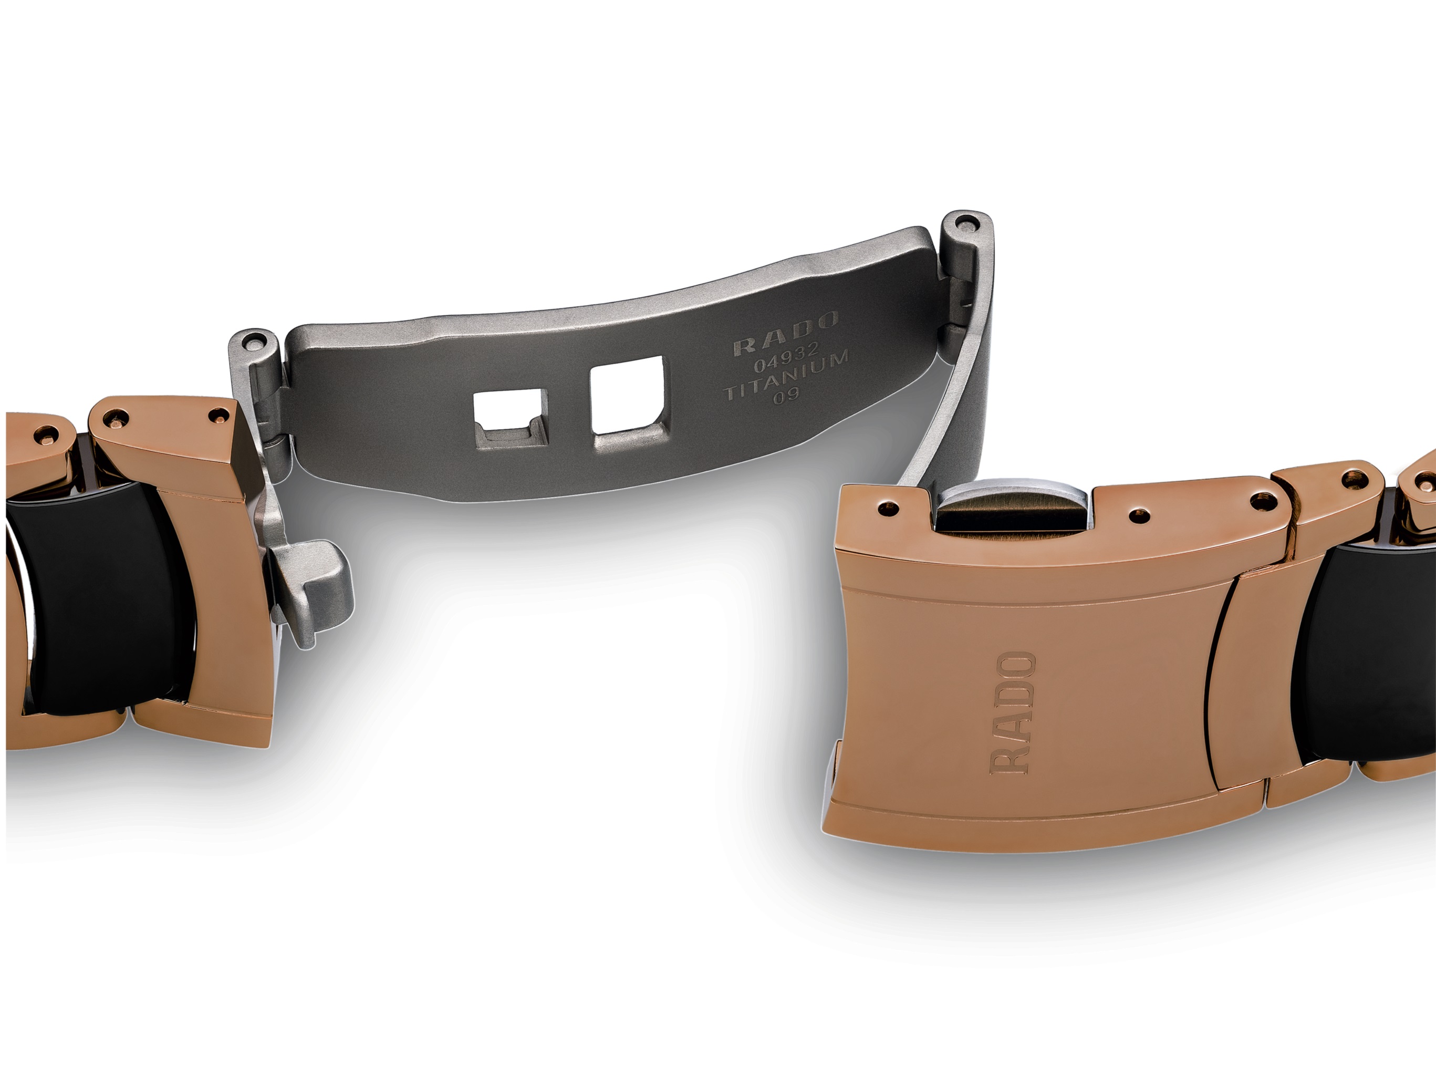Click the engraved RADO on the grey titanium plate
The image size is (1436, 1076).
(x=786, y=336)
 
